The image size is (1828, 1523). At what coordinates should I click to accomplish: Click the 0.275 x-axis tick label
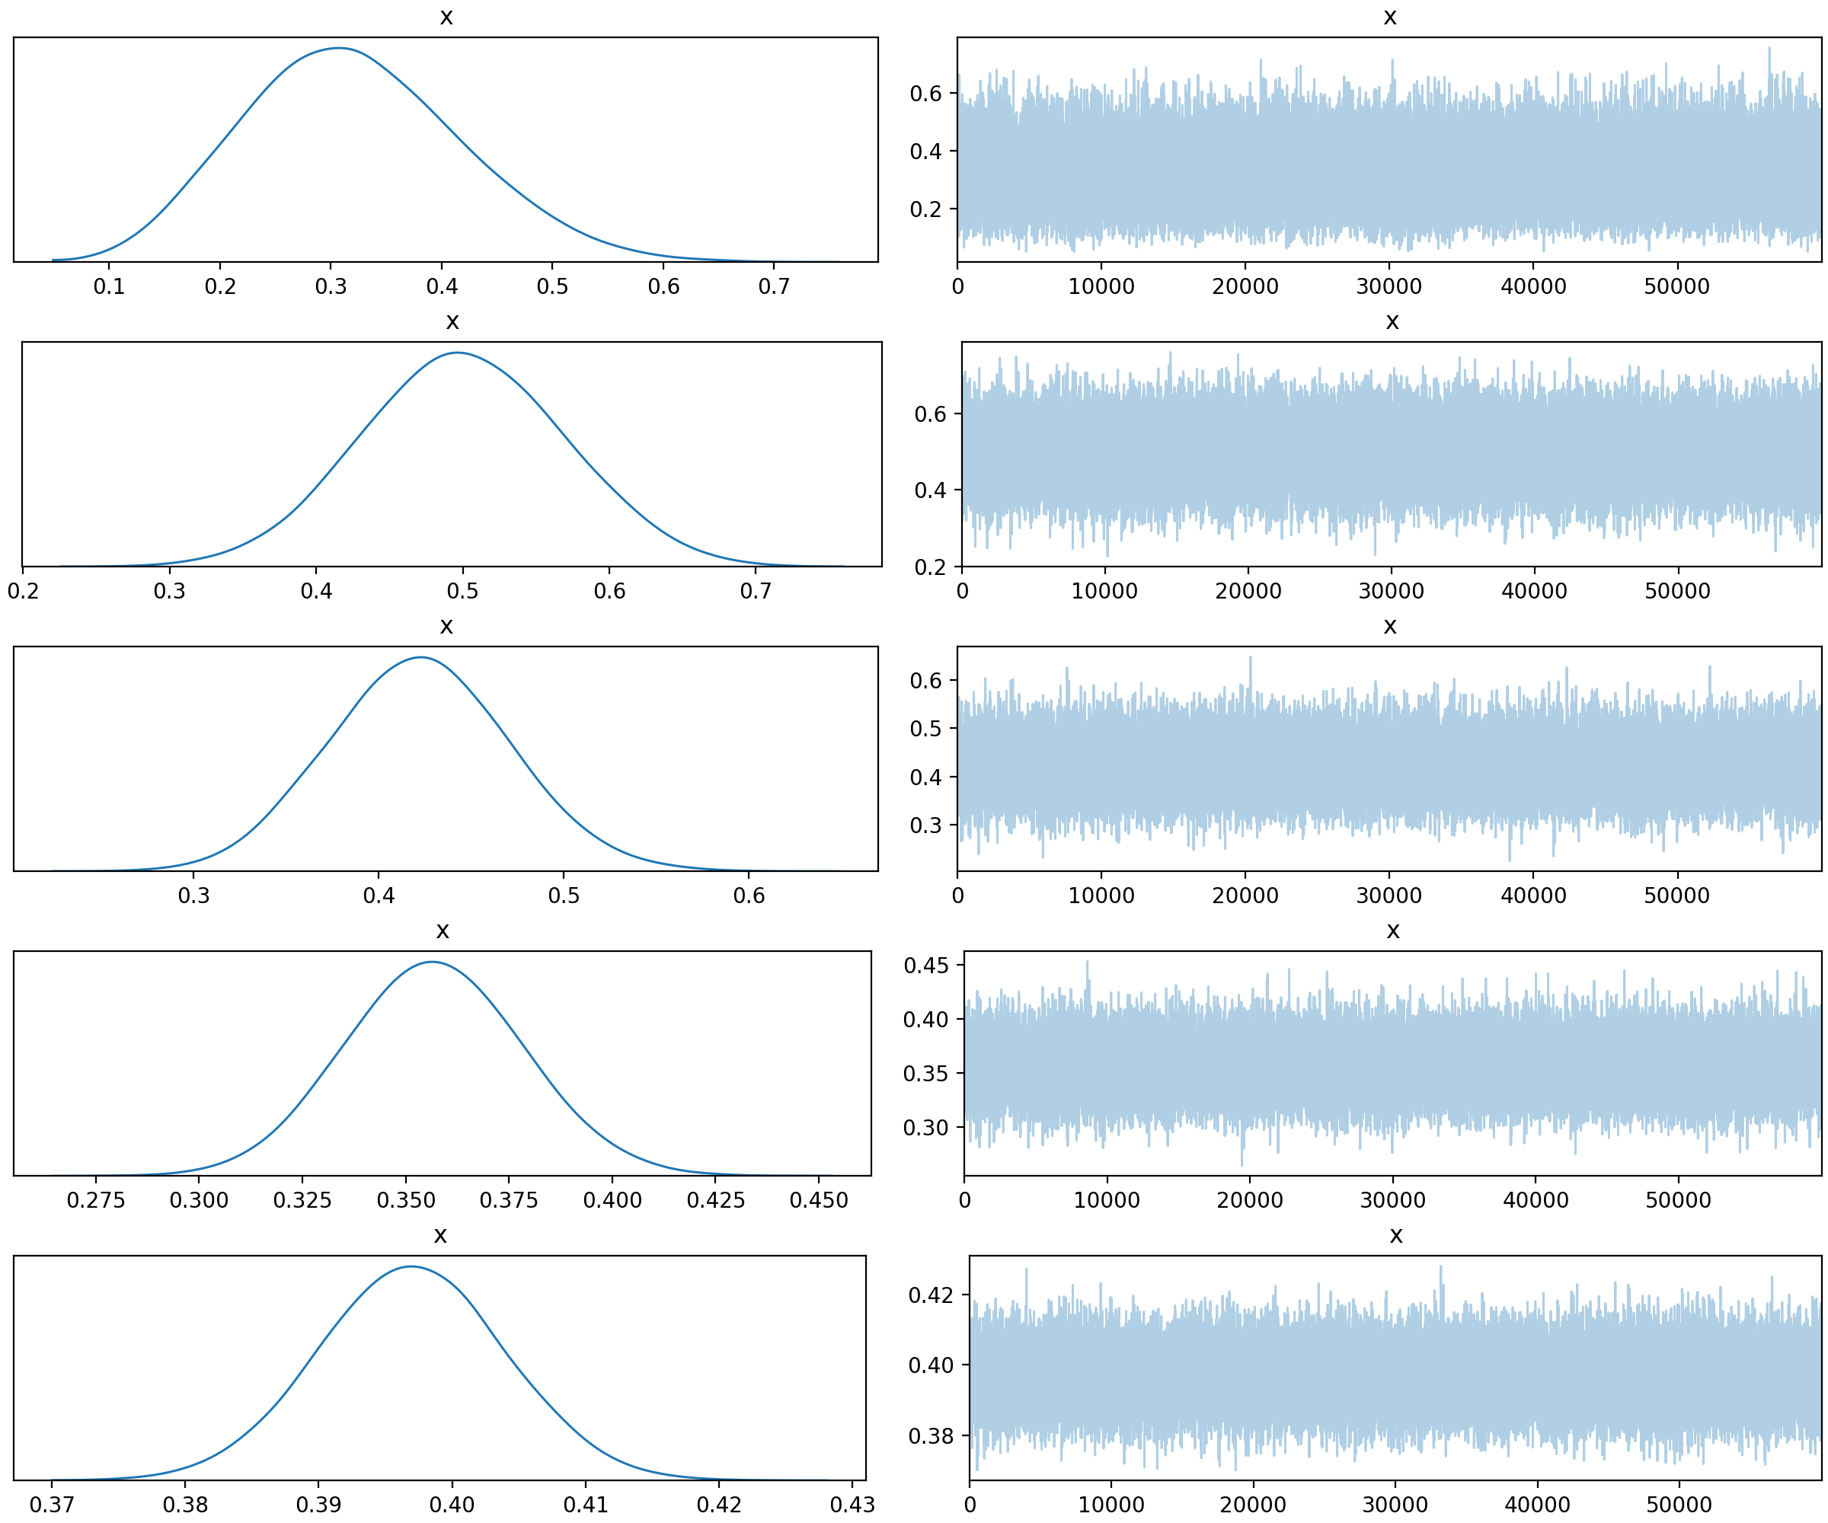(x=96, y=1200)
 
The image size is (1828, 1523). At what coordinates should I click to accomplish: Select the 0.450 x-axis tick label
(x=818, y=1200)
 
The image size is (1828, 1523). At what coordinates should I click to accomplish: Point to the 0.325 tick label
(x=302, y=1200)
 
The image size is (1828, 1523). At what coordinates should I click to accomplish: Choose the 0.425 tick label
(x=715, y=1200)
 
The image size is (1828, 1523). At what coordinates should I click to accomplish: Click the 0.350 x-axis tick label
(x=406, y=1200)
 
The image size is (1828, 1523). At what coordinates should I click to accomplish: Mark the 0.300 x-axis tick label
(x=200, y=1200)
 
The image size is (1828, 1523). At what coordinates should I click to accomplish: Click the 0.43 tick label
(x=852, y=1505)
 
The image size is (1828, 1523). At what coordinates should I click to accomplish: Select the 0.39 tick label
(x=318, y=1505)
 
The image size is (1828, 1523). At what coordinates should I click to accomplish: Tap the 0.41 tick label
(x=585, y=1505)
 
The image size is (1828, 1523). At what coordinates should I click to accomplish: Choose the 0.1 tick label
(x=109, y=286)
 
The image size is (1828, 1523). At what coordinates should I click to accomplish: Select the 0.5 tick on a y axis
(x=925, y=729)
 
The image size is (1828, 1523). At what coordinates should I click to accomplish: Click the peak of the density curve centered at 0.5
(x=458, y=353)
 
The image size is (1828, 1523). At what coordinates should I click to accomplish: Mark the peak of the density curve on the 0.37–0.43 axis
(x=411, y=1266)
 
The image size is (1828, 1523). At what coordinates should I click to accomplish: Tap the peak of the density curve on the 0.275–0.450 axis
(x=432, y=962)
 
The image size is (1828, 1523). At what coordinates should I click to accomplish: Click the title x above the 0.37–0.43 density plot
(x=440, y=1236)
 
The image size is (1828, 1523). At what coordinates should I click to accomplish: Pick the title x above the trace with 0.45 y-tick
(x=1393, y=931)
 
